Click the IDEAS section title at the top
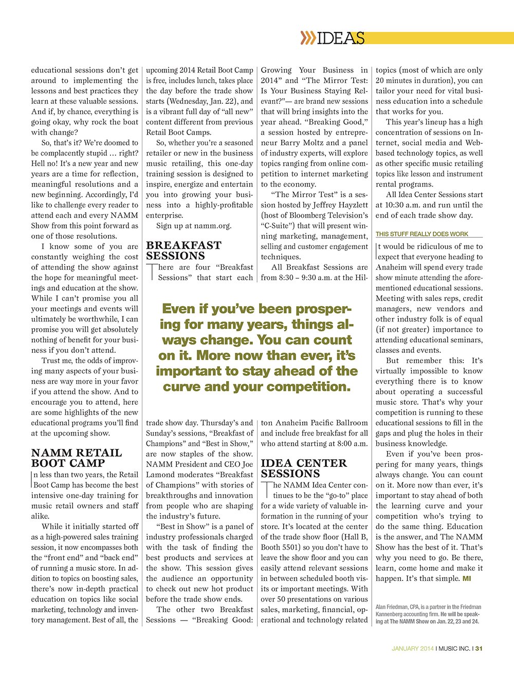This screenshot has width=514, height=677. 341,38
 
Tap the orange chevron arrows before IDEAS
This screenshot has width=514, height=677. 308,38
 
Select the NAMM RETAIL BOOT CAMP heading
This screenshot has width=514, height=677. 77,458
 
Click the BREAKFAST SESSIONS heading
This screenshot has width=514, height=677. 183,251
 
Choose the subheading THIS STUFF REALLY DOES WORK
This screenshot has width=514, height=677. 422,234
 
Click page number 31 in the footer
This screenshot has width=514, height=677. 479,648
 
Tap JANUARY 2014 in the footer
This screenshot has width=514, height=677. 412,648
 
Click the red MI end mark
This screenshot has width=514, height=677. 467,579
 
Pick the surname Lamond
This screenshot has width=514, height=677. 160,475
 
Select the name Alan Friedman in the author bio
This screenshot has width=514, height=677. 393,607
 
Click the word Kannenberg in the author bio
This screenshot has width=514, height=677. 393,614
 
